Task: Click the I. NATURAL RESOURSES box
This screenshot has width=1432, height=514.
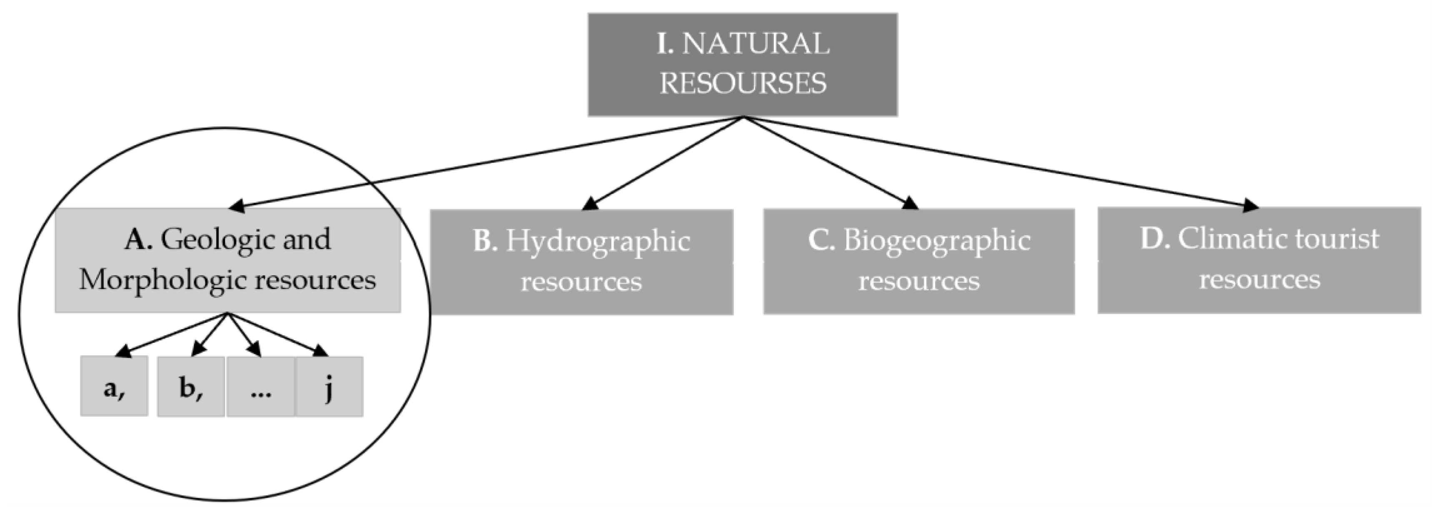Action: [x=743, y=65]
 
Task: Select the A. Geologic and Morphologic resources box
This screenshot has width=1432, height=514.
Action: [x=227, y=260]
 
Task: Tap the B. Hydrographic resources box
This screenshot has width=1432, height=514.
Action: [x=581, y=262]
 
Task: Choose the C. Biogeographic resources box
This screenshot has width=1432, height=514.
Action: [x=918, y=261]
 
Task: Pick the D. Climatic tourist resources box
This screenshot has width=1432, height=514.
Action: [x=1259, y=260]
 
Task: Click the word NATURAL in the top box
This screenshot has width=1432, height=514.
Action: [x=756, y=44]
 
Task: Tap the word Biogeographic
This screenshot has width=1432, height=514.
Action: [x=937, y=241]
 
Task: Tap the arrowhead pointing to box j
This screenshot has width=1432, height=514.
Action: [x=321, y=351]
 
